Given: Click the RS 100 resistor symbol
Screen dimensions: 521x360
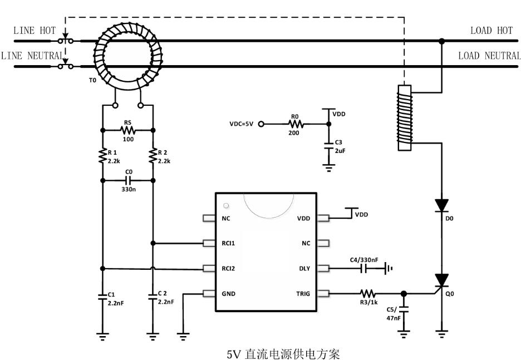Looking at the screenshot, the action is tap(128, 130).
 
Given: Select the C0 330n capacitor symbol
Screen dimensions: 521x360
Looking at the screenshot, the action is tap(128, 180).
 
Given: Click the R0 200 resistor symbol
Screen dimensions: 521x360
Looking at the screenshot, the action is tap(296, 124).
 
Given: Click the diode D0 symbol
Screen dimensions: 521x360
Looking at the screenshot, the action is tap(441, 205).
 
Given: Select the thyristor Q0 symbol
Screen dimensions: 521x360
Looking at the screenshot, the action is tap(441, 281).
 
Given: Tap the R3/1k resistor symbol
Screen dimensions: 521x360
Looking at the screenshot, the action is tap(368, 294).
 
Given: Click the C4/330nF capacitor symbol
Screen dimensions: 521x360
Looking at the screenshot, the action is tap(363, 268).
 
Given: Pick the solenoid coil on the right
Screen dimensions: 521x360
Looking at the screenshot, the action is tap(405, 118).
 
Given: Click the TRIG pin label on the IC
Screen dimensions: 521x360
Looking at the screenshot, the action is tap(303, 294).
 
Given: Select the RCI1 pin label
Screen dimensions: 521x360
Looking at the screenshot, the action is tap(228, 244).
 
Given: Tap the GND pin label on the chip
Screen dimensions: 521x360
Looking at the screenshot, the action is tap(229, 294).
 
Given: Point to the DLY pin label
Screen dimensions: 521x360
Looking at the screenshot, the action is tap(304, 269).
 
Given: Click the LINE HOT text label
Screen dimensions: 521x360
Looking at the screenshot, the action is tap(35, 31).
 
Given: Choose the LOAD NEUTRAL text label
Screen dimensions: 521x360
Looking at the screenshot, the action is tap(489, 56).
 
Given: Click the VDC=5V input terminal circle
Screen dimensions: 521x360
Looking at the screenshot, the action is tap(261, 124).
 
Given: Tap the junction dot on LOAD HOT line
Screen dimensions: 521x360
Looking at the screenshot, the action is tap(441, 41).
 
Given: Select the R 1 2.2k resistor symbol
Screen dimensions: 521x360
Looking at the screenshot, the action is tap(102, 155).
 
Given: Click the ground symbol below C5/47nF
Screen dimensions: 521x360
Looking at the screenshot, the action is tap(404, 334).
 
